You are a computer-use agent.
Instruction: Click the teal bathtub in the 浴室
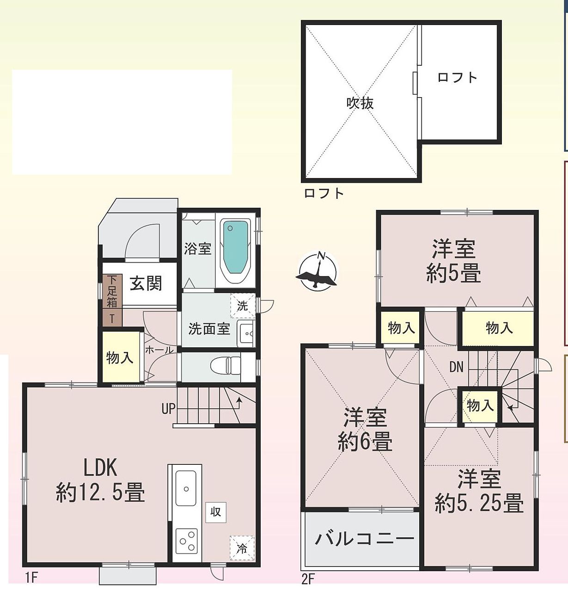(x=236, y=247)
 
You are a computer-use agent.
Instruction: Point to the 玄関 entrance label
(x=146, y=284)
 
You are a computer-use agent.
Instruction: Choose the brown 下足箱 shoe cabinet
(x=112, y=300)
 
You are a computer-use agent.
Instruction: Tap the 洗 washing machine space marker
(x=242, y=306)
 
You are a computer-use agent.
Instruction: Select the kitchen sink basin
(x=186, y=488)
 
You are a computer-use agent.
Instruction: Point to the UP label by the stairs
(x=168, y=409)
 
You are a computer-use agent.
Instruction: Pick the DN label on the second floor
(x=457, y=367)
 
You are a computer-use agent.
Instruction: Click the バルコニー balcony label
(x=364, y=539)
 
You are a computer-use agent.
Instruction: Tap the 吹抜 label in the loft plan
(x=360, y=104)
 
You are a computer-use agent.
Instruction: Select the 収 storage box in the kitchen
(x=215, y=512)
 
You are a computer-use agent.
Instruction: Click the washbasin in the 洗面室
(x=246, y=333)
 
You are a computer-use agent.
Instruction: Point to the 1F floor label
(x=31, y=578)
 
